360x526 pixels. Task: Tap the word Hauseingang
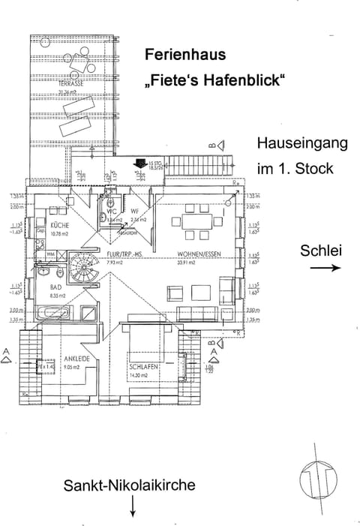point(302,143)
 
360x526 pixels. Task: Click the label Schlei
point(321,250)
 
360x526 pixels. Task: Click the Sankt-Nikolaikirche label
point(129,485)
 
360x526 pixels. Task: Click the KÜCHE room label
point(60,225)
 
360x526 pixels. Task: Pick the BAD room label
point(56,287)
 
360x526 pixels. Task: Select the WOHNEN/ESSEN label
point(197,254)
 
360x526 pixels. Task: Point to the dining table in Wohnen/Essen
point(198,222)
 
